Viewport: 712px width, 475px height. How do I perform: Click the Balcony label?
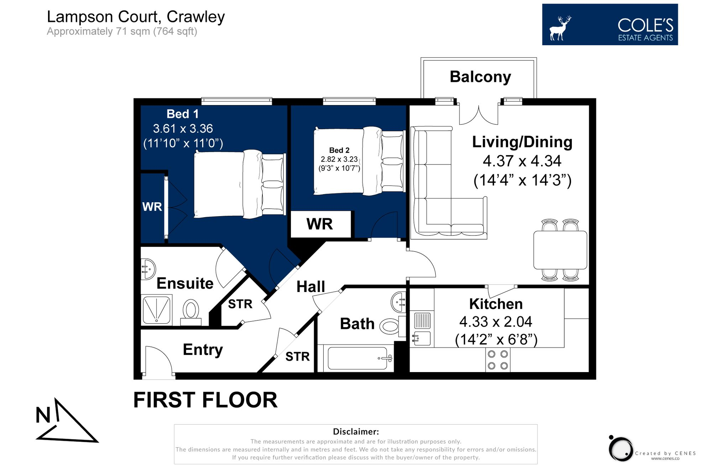(480, 77)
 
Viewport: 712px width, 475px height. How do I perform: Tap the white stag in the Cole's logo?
(559, 28)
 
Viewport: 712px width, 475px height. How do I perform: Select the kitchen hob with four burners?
(498, 360)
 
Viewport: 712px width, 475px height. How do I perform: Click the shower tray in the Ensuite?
(157, 310)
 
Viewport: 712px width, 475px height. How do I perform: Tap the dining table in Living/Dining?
(560, 250)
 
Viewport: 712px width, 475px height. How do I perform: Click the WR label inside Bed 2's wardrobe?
(320, 224)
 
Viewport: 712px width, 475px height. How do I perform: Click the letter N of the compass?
(43, 416)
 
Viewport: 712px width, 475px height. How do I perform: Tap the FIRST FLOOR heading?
(205, 400)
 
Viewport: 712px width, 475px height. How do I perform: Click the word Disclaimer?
(355, 432)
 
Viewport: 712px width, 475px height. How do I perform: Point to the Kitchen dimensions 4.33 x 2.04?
(496, 322)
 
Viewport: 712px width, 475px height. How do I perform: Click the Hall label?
(310, 287)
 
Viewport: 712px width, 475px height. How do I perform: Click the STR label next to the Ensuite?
(240, 304)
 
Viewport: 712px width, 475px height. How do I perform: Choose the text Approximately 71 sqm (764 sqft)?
(122, 31)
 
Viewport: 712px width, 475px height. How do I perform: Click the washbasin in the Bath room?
(399, 302)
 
